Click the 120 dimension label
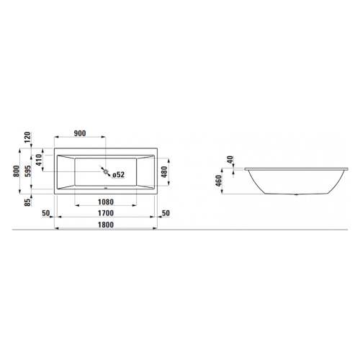pos(26,139)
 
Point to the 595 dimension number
pos(26,171)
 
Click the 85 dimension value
pos(26,202)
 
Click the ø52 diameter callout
pos(118,174)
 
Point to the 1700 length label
pos(105,214)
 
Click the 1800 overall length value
pos(105,225)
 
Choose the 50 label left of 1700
pos(46,214)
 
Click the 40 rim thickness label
pos(230,161)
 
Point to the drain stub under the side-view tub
pos(296,194)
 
